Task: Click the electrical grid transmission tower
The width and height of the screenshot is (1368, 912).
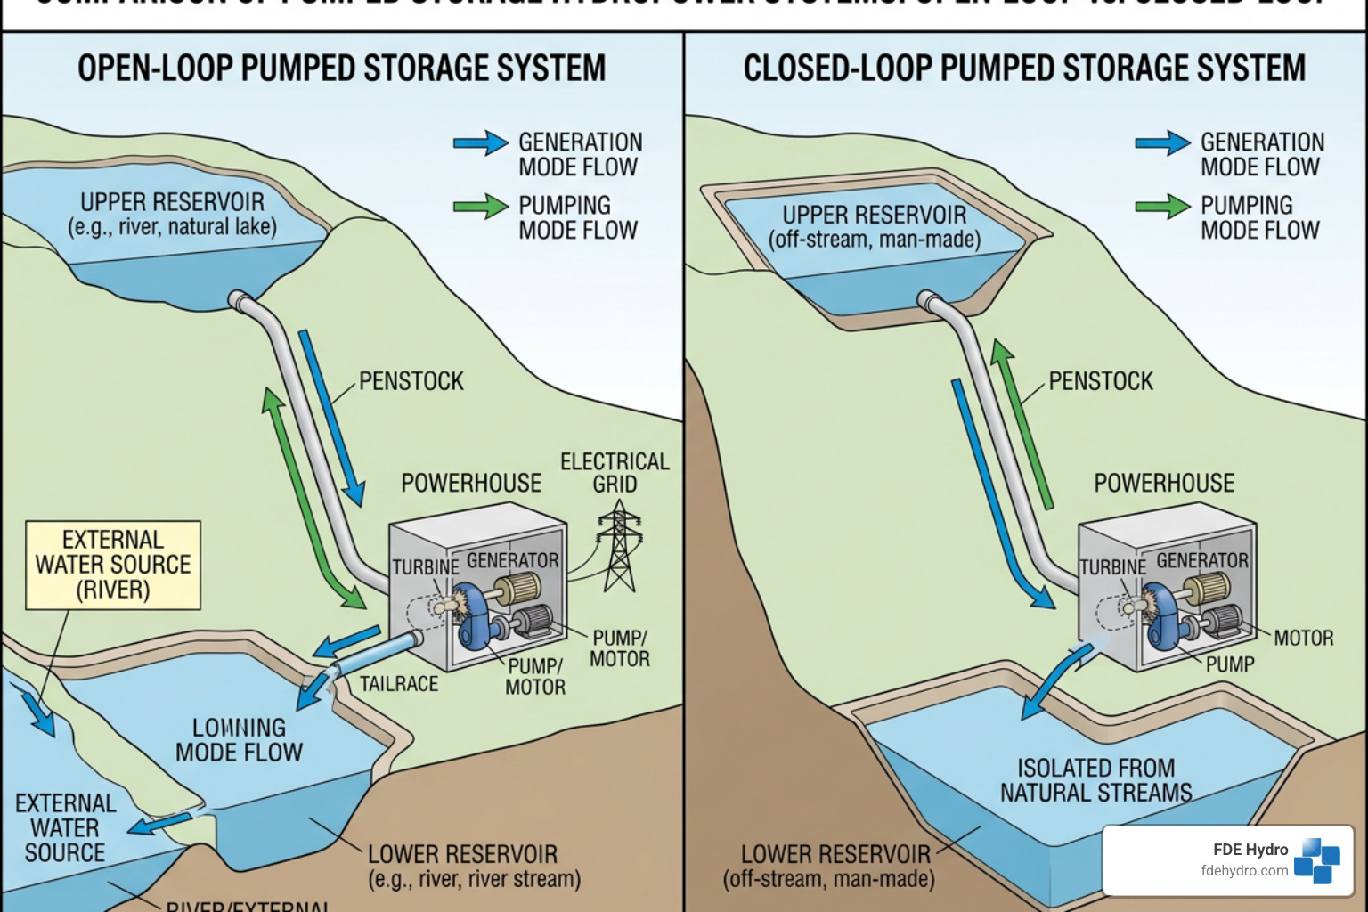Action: [617, 548]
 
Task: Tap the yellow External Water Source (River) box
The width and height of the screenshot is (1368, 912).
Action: [113, 565]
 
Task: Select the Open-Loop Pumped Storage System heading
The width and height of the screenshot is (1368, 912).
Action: [341, 69]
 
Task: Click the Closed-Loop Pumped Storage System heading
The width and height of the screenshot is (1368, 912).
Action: [1024, 69]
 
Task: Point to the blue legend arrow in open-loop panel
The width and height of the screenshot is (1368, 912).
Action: [481, 143]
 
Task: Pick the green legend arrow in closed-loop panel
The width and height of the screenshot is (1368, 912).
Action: [1162, 207]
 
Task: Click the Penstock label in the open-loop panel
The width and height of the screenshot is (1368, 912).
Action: [411, 381]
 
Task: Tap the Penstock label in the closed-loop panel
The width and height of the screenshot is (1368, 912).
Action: [1101, 381]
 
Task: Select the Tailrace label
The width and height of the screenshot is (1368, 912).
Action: [399, 684]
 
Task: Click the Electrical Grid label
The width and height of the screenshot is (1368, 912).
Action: [615, 473]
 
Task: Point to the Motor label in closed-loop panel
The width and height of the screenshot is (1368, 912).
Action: [1303, 638]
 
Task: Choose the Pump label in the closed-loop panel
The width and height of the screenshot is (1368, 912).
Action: [1230, 664]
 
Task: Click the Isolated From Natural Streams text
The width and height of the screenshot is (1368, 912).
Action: [1095, 780]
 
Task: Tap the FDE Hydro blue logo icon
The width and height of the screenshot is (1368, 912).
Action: [1317, 860]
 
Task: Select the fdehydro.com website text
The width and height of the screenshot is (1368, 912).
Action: [1244, 871]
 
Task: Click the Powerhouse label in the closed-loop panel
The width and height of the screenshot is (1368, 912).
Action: [1164, 483]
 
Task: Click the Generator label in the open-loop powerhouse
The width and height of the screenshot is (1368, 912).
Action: [513, 560]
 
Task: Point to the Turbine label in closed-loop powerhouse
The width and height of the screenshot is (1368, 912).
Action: [1113, 567]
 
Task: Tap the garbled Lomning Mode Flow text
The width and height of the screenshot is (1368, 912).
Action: [239, 740]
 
